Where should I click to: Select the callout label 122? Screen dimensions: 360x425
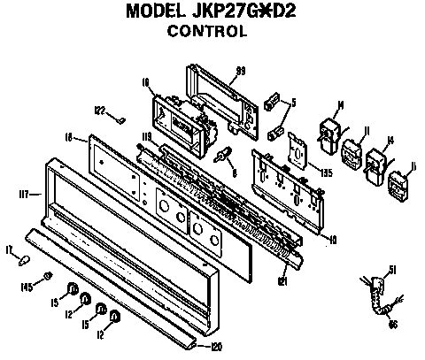[100, 110]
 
